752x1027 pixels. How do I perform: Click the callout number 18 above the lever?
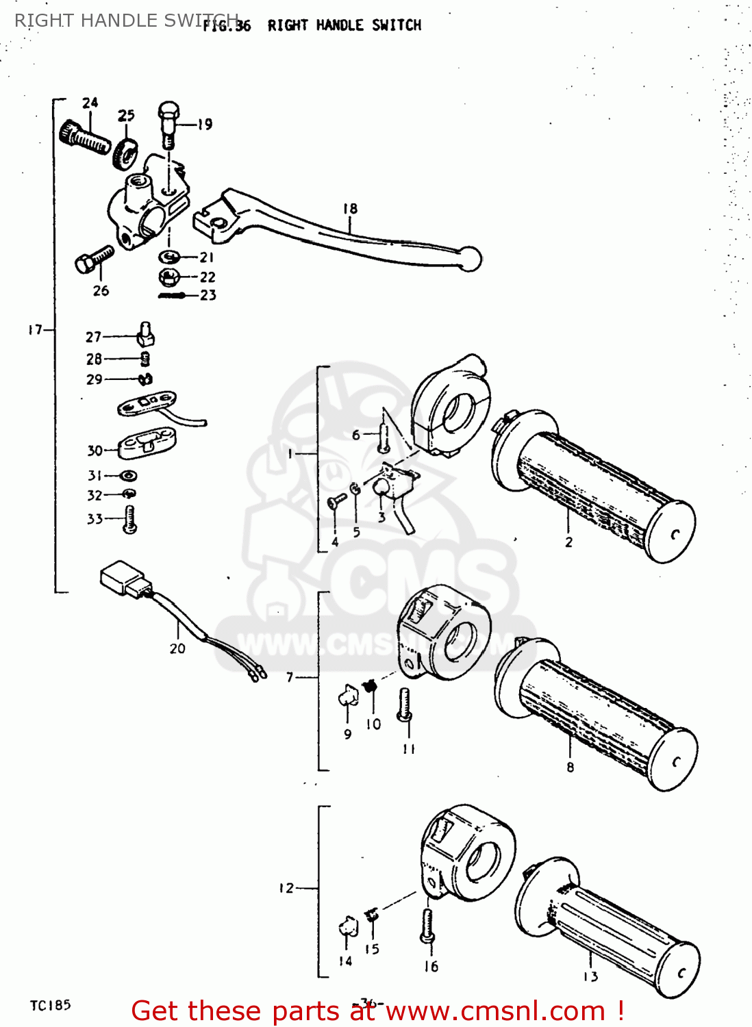(x=350, y=209)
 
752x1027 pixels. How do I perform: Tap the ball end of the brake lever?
(x=471, y=258)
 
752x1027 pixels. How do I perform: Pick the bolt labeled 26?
(x=93, y=259)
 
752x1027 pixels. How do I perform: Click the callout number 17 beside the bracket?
(x=35, y=330)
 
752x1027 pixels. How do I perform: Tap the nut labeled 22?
(x=169, y=277)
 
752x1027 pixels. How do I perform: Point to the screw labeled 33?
(x=130, y=519)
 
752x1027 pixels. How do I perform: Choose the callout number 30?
(x=95, y=451)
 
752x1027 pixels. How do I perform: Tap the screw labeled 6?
(x=384, y=437)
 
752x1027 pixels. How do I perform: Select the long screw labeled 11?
(x=405, y=705)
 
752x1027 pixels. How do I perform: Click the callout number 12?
(x=286, y=888)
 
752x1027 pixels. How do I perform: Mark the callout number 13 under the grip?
(x=590, y=976)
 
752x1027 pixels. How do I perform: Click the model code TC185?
(x=50, y=1005)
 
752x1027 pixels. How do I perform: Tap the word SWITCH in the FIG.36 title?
(x=397, y=25)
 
